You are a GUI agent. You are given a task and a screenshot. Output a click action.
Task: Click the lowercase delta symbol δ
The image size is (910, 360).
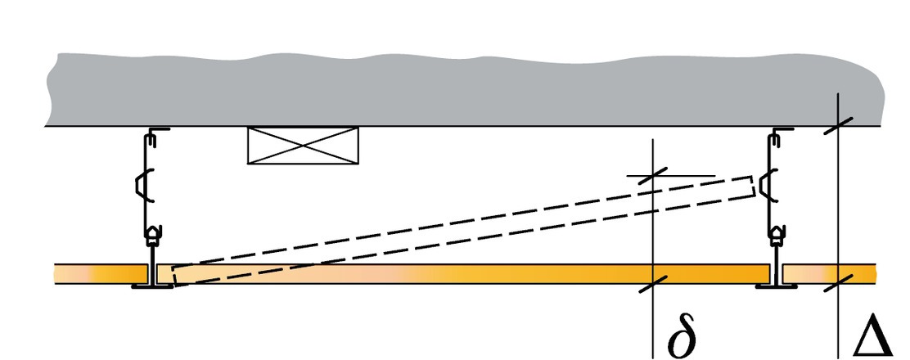coord(682,336)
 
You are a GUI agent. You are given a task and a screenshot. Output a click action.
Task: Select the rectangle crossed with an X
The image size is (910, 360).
coord(304,146)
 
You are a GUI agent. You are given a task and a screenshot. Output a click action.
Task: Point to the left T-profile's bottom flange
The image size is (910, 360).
coord(151,286)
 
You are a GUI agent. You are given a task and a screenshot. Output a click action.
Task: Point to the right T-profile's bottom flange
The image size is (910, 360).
coord(774,286)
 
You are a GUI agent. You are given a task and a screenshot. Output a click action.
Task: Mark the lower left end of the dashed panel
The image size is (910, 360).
coord(176,274)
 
